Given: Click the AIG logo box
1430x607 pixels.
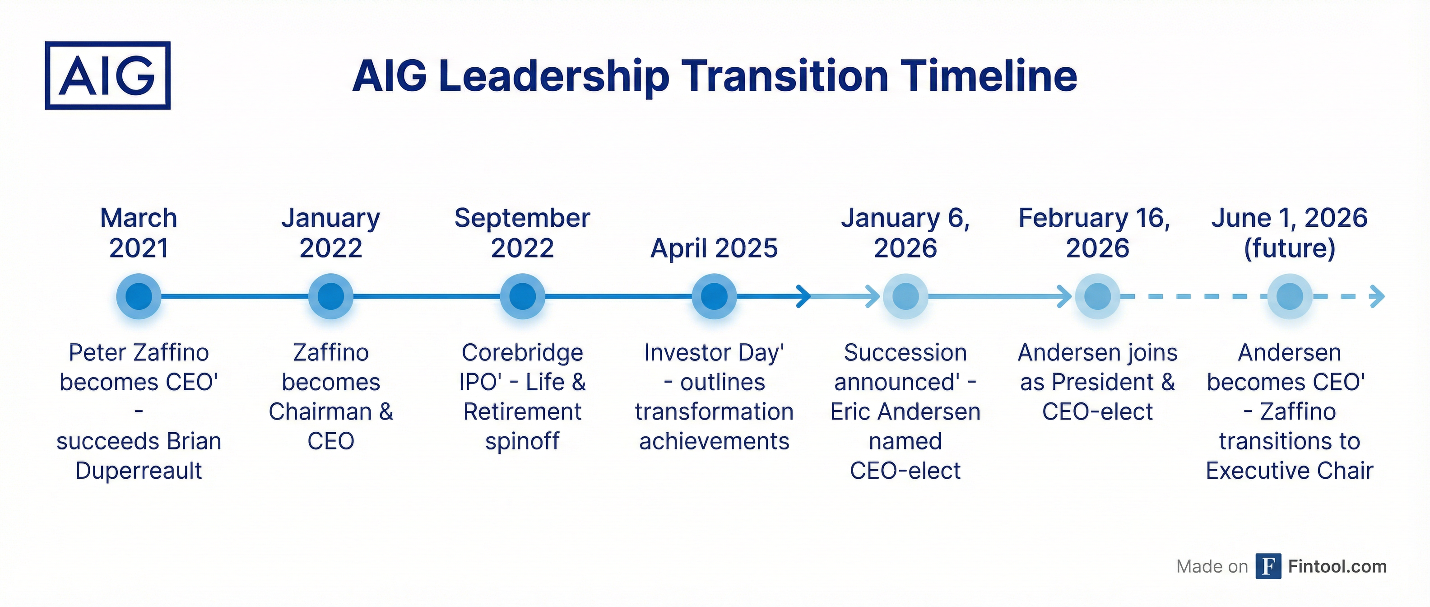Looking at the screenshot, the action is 108,75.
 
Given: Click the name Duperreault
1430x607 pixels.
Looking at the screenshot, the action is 139,471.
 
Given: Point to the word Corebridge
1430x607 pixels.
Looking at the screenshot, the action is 522,353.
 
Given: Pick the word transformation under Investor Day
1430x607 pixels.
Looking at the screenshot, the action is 715,412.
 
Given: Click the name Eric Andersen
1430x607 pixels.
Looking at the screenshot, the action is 905,412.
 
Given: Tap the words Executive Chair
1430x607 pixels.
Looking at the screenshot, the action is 1290,471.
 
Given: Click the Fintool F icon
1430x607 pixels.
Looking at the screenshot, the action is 1268,566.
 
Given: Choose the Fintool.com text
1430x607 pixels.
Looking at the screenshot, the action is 1337,566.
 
